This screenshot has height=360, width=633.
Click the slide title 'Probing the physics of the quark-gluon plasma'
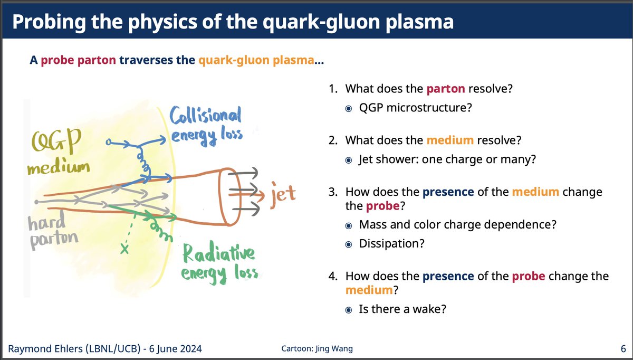pos(232,23)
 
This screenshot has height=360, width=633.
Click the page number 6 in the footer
pos(623,349)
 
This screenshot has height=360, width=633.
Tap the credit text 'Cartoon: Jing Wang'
pos(317,349)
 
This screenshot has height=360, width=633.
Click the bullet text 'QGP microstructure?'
pos(415,108)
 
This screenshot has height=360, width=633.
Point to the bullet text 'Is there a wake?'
pos(402,309)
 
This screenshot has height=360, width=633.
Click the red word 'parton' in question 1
pos(446,89)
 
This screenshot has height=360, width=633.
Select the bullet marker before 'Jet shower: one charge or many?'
pos(349,159)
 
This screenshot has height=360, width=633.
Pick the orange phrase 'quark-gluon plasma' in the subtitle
pos(256,61)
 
